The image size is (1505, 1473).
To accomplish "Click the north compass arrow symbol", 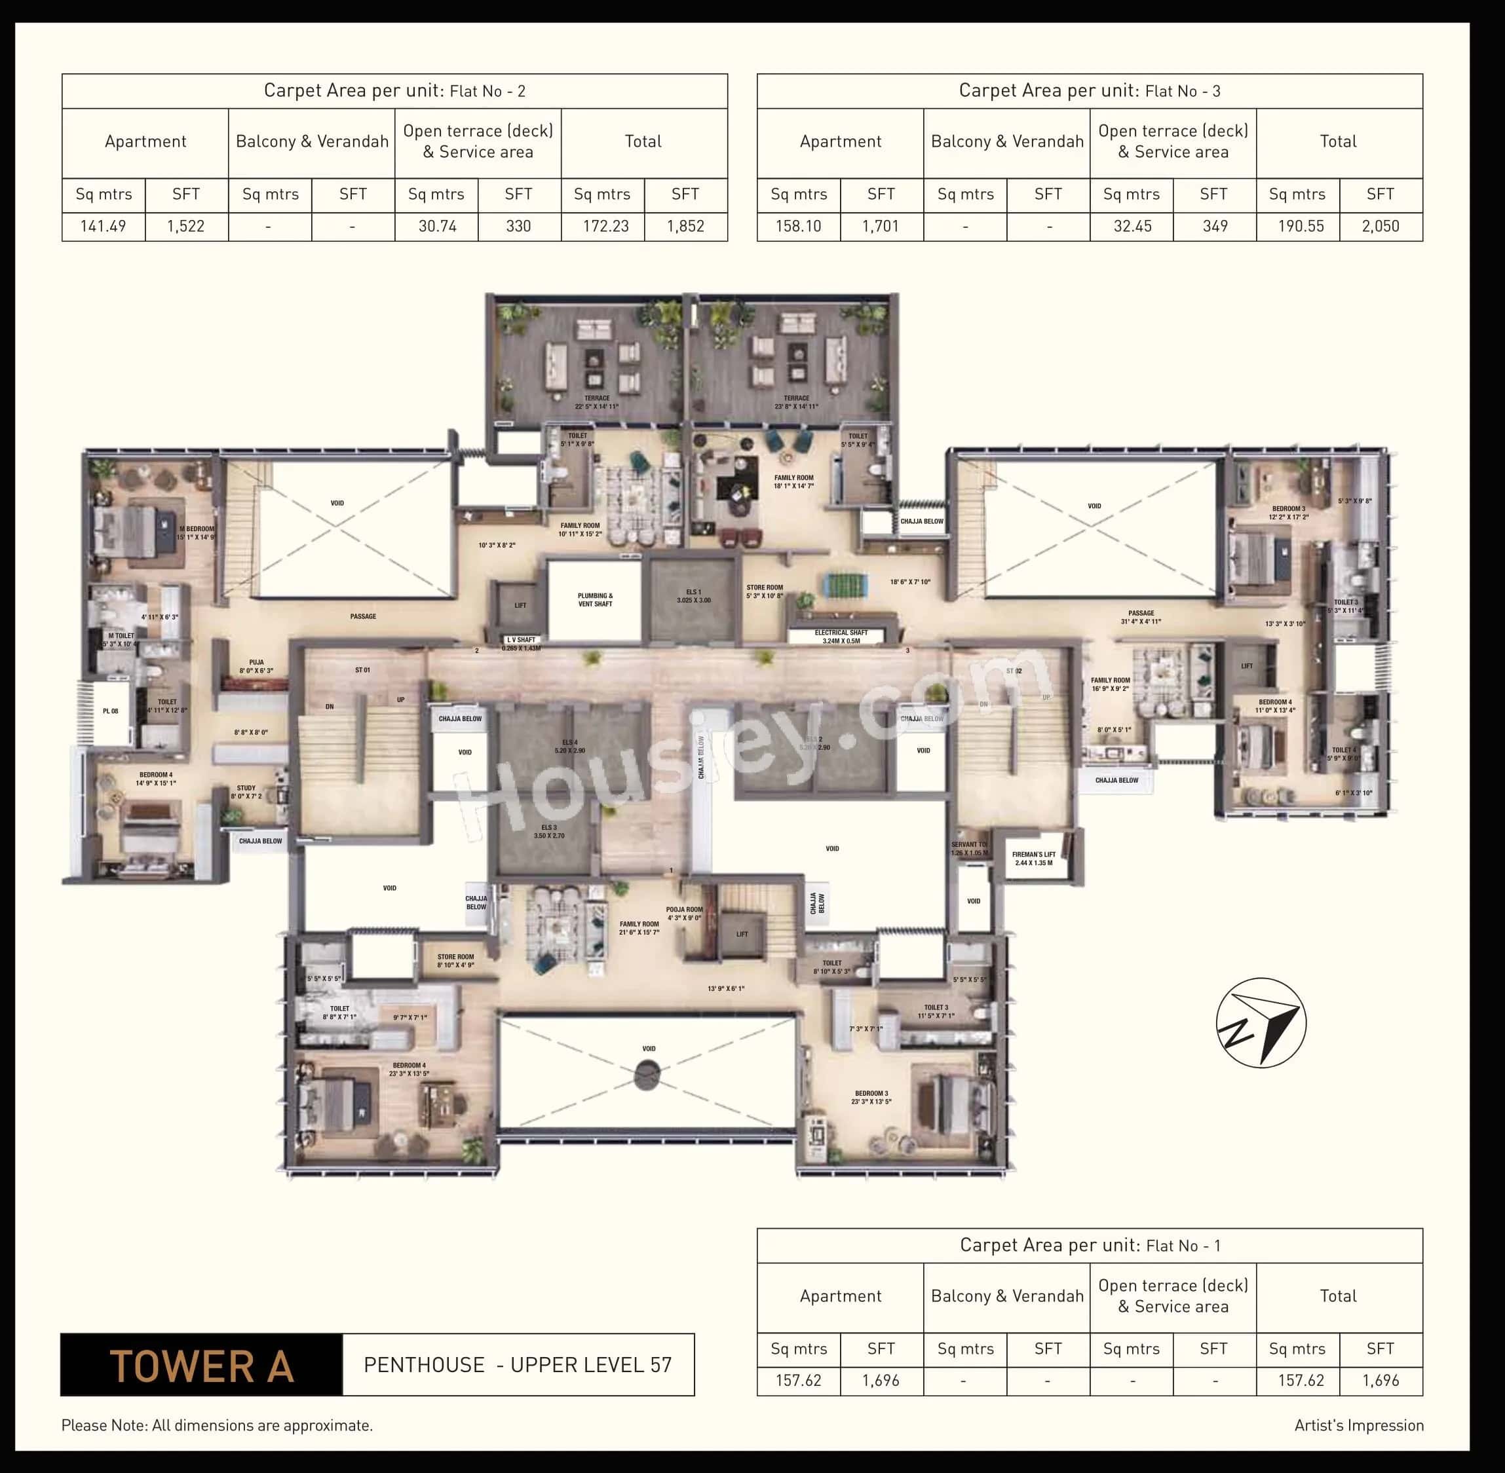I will [x=1261, y=1023].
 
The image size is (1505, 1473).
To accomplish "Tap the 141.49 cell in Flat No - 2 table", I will [x=103, y=227].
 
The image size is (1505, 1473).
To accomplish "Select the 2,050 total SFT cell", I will [x=1381, y=227].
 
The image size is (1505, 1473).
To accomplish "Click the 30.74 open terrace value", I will [x=437, y=227].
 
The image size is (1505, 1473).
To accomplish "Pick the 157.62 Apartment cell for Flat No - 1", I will [x=799, y=1380].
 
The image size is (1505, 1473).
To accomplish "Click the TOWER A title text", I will [x=201, y=1366].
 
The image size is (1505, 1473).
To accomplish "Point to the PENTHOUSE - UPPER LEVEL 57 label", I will [x=518, y=1366].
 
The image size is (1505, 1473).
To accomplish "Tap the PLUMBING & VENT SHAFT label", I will [x=595, y=599].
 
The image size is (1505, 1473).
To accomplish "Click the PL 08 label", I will [x=111, y=711].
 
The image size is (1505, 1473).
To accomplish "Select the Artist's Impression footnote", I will [x=1359, y=1425].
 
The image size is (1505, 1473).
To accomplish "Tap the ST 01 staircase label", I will [x=362, y=670].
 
